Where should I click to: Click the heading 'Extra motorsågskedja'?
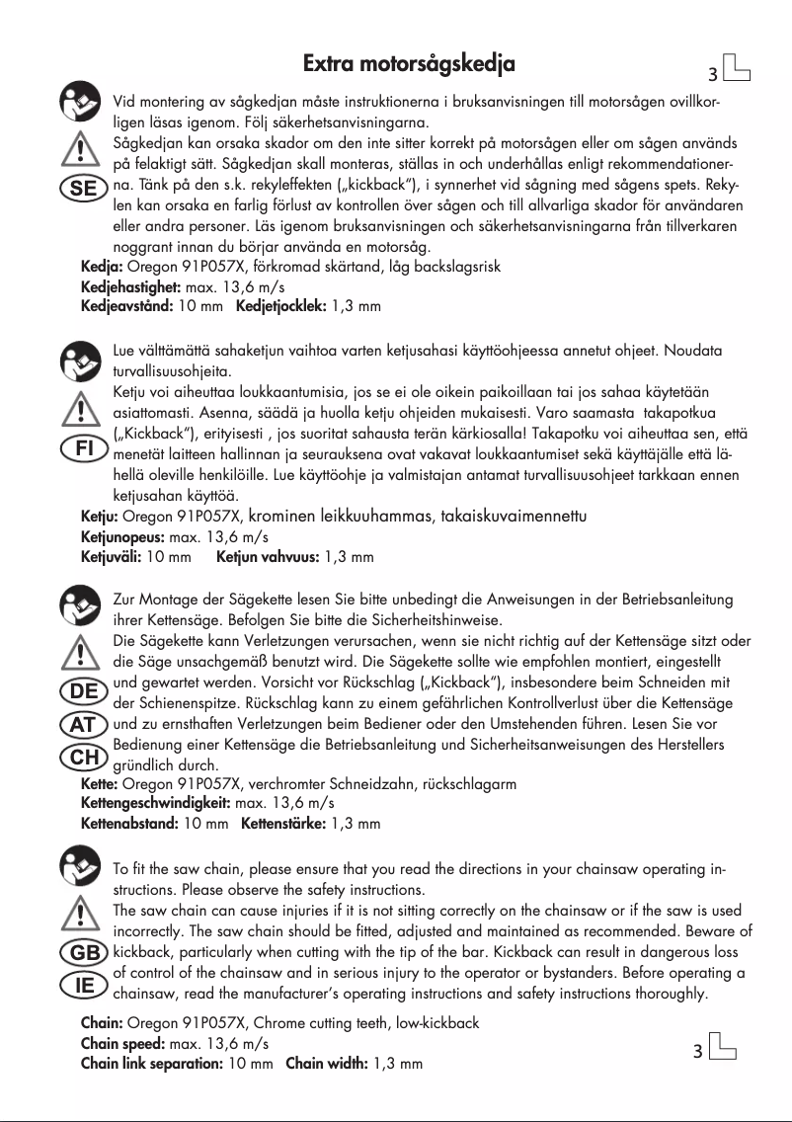pos(409,65)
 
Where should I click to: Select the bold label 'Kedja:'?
pos(101,267)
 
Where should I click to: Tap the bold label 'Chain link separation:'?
pos(152,1064)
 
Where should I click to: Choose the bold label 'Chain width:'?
pos(326,1064)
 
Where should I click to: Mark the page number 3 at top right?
pos(712,75)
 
